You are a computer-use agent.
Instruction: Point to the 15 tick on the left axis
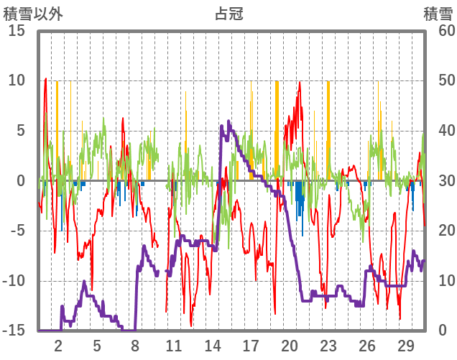click(x=17, y=31)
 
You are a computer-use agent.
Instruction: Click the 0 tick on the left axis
click(x=22, y=181)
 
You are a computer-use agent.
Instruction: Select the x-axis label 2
click(x=58, y=345)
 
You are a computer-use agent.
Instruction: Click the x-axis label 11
click(x=174, y=345)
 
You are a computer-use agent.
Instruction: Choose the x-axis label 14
click(x=213, y=345)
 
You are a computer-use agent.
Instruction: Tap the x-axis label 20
click(x=290, y=345)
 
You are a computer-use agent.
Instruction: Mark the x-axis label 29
click(x=405, y=345)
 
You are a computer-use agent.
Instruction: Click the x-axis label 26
click(x=366, y=345)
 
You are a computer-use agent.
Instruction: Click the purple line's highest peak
click(x=228, y=121)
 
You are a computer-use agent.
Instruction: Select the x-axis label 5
click(x=97, y=345)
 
